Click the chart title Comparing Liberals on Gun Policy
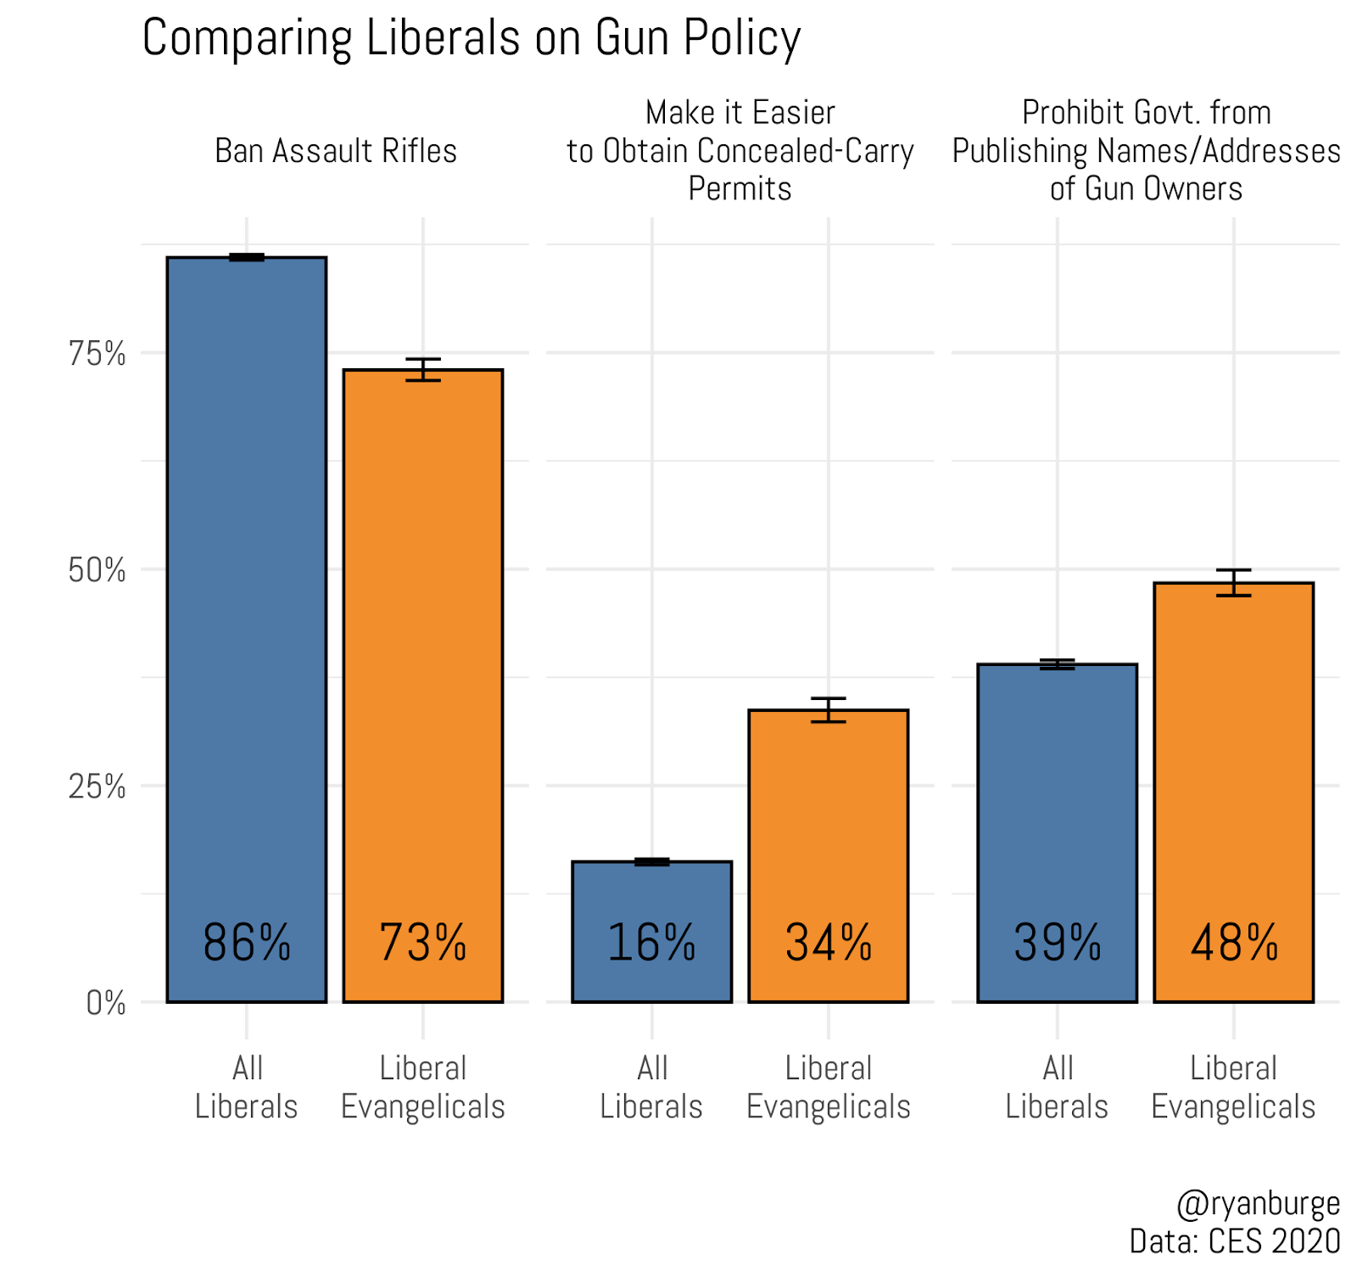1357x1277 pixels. [471, 38]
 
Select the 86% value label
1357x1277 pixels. [247, 943]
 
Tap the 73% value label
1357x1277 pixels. [422, 943]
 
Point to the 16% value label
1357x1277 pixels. [651, 943]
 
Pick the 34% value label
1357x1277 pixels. [828, 943]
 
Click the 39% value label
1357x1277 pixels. [1057, 943]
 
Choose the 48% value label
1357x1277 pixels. [1234, 943]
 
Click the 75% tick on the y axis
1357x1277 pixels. [97, 354]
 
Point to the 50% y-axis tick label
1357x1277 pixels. [97, 570]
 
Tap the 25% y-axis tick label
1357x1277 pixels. [97, 787]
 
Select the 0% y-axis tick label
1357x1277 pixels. [106, 1003]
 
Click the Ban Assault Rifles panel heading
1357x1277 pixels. [336, 151]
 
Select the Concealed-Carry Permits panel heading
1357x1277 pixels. [740, 151]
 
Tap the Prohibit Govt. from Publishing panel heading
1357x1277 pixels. [1146, 151]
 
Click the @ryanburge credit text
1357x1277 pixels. [1258, 1203]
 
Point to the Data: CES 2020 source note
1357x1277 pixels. [1234, 1241]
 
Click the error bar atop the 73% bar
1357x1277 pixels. [422, 370]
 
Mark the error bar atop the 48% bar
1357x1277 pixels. [1234, 583]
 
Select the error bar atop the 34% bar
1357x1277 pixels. [828, 710]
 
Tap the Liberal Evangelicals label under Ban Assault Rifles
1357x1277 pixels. [422, 1087]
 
